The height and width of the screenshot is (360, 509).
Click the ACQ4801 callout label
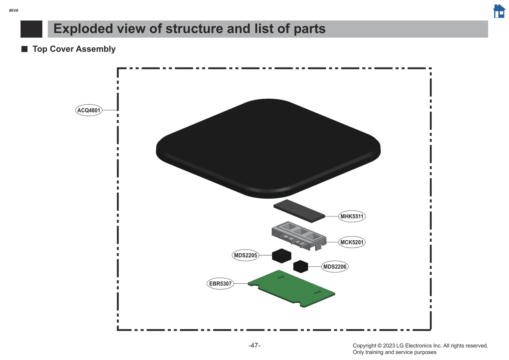(89, 110)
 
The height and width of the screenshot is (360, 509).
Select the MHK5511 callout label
(352, 216)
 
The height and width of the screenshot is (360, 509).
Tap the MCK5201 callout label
(352, 242)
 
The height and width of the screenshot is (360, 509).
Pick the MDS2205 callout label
(245, 255)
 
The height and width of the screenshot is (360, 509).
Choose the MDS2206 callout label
(335, 267)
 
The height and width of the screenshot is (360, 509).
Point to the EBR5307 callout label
(220, 284)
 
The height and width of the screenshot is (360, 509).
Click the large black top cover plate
(268, 146)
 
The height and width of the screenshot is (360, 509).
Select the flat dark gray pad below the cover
(299, 211)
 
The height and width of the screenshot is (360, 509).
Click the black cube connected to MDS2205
(282, 256)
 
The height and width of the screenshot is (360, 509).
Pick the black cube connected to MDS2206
(300, 266)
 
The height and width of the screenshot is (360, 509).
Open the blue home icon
(499, 11)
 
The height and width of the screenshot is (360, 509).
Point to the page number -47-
(254, 345)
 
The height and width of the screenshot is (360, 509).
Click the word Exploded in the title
(83, 29)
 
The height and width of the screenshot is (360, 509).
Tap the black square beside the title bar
(31, 29)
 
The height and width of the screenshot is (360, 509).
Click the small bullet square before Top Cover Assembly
(24, 49)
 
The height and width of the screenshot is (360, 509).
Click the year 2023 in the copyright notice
(389, 346)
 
